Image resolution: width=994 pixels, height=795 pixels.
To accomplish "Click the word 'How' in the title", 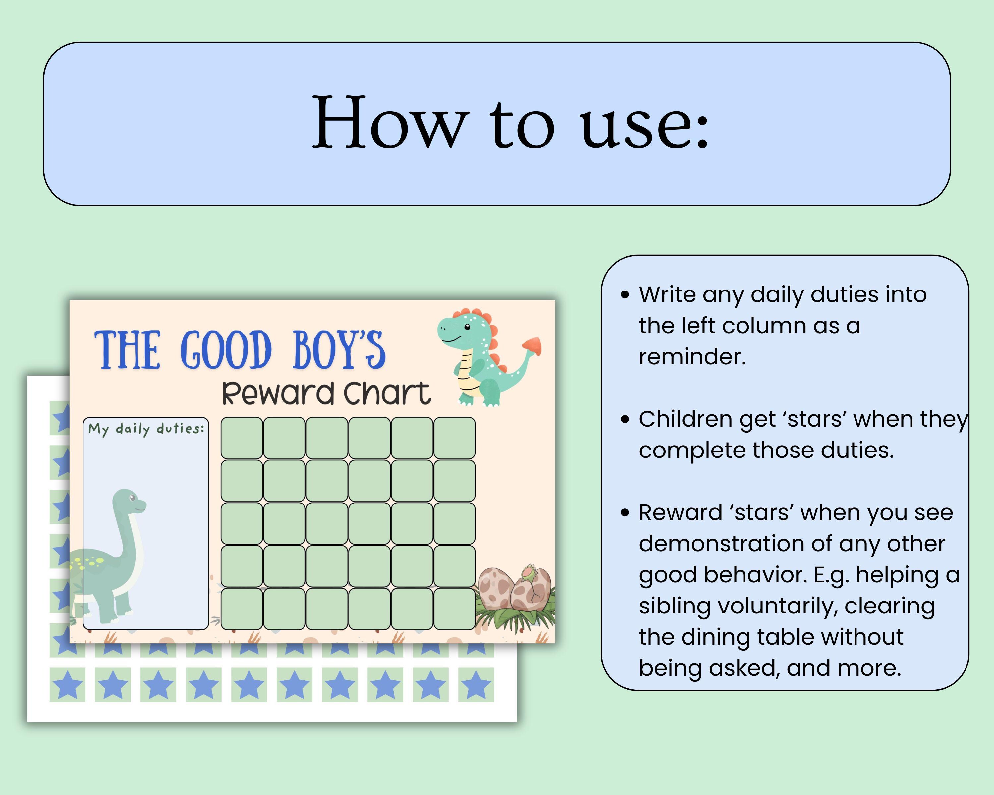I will pos(390,122).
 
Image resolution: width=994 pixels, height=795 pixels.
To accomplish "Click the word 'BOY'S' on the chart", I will pos(339,350).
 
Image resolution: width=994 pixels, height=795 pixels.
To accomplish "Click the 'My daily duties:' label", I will pos(146,429).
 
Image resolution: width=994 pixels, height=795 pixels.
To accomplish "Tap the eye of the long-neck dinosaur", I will pos(132,498).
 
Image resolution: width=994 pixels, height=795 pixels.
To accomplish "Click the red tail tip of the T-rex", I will pos(532,345).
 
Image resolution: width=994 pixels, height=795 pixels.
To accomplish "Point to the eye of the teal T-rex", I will pos(467,327).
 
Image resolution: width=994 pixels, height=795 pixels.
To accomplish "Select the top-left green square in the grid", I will pos(242,438).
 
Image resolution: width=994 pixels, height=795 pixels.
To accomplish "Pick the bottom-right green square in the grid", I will pos(454,609).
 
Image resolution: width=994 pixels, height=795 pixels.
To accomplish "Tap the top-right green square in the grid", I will pos(454,438).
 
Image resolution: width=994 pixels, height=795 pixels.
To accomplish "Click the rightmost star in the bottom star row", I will pos(476,685).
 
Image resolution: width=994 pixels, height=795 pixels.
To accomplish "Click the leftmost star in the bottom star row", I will pos(67,685).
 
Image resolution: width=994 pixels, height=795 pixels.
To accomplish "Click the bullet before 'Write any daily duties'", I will pos(625,295).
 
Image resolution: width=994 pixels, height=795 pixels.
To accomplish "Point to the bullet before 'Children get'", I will pos(625,419).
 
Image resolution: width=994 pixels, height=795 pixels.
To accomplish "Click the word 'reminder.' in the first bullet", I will pos(691,357).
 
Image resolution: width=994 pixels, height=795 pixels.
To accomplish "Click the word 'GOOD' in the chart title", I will pos(225,350).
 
